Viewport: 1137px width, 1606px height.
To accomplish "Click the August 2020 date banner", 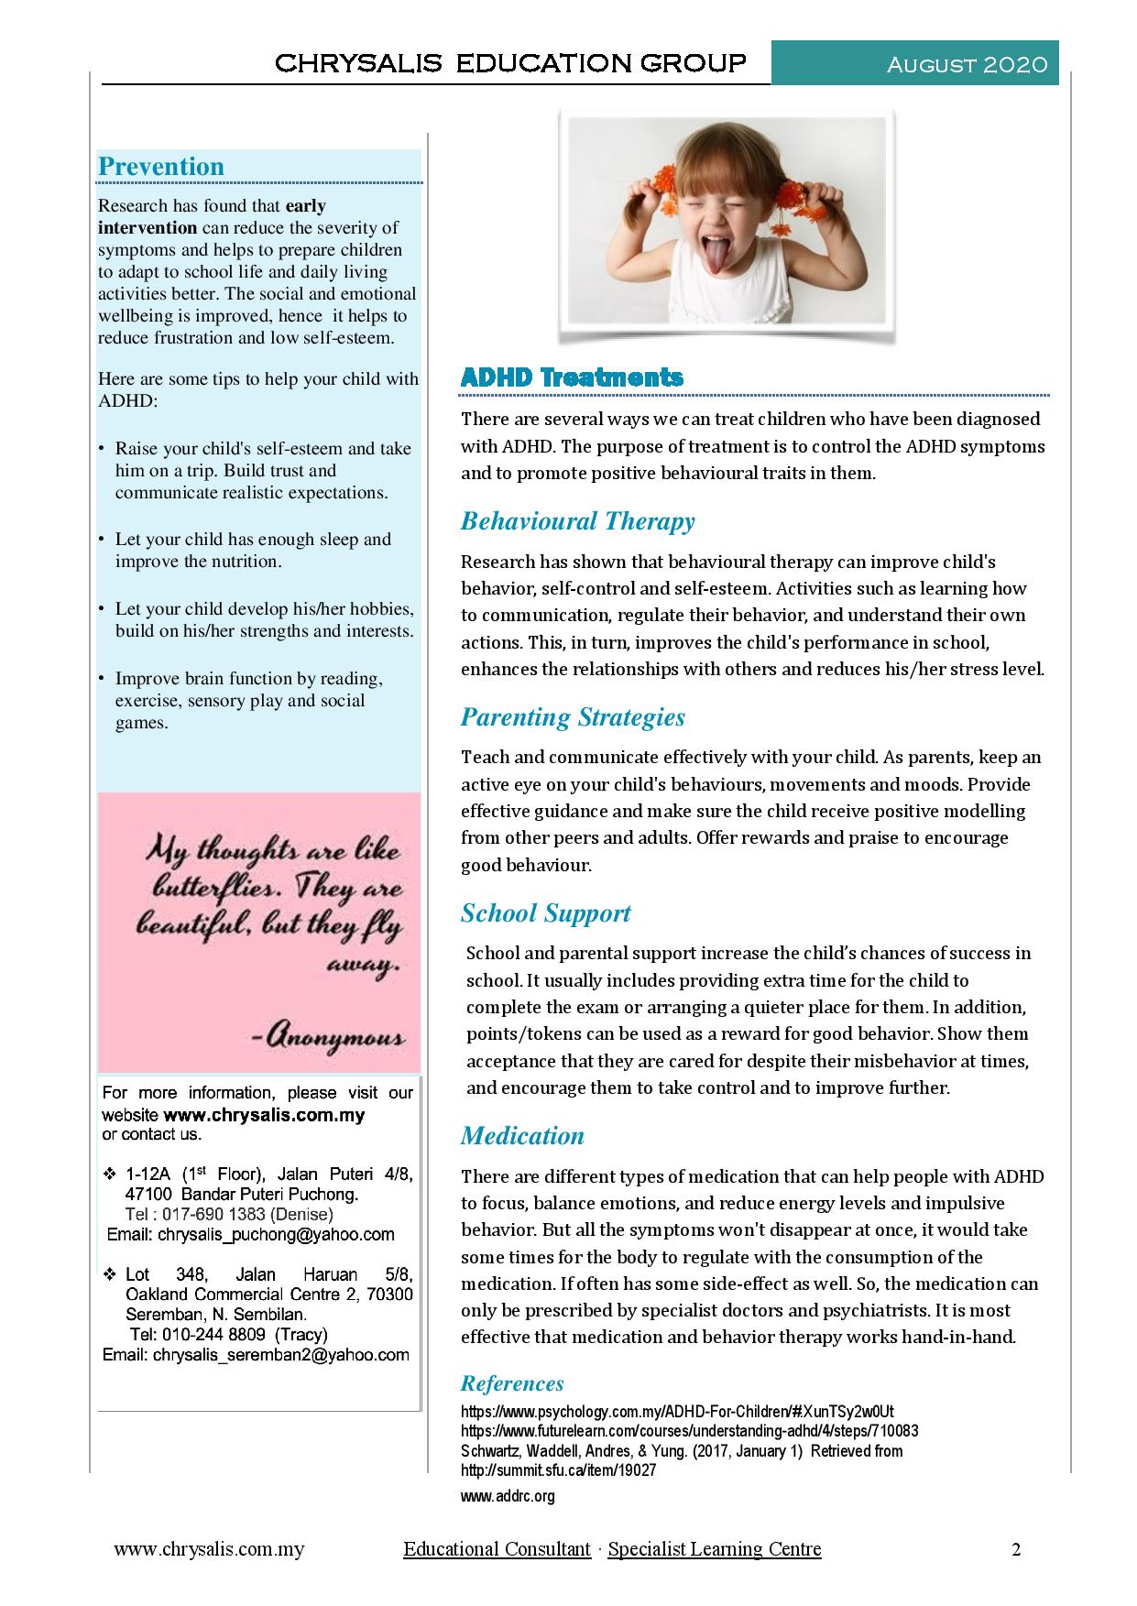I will [968, 64].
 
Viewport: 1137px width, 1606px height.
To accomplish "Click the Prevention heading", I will [161, 166].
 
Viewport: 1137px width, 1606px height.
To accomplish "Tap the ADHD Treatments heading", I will [572, 377].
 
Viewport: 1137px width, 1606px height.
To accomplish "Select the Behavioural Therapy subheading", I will [577, 521].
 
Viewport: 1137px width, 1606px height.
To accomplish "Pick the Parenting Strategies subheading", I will [573, 716].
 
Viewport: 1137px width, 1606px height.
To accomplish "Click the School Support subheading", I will [545, 912].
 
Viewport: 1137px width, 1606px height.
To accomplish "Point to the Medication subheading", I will [522, 1135].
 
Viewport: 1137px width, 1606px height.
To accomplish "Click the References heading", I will [512, 1383].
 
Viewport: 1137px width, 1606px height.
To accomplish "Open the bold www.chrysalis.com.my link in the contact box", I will [264, 1115].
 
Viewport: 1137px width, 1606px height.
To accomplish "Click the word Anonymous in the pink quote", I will [328, 1038].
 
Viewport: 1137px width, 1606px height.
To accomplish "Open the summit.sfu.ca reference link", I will [558, 1470].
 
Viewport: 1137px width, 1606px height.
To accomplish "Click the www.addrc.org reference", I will [508, 1496].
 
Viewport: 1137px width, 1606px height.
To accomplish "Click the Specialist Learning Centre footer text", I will [715, 1549].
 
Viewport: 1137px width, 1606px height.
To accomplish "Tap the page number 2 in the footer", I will [1016, 1549].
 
